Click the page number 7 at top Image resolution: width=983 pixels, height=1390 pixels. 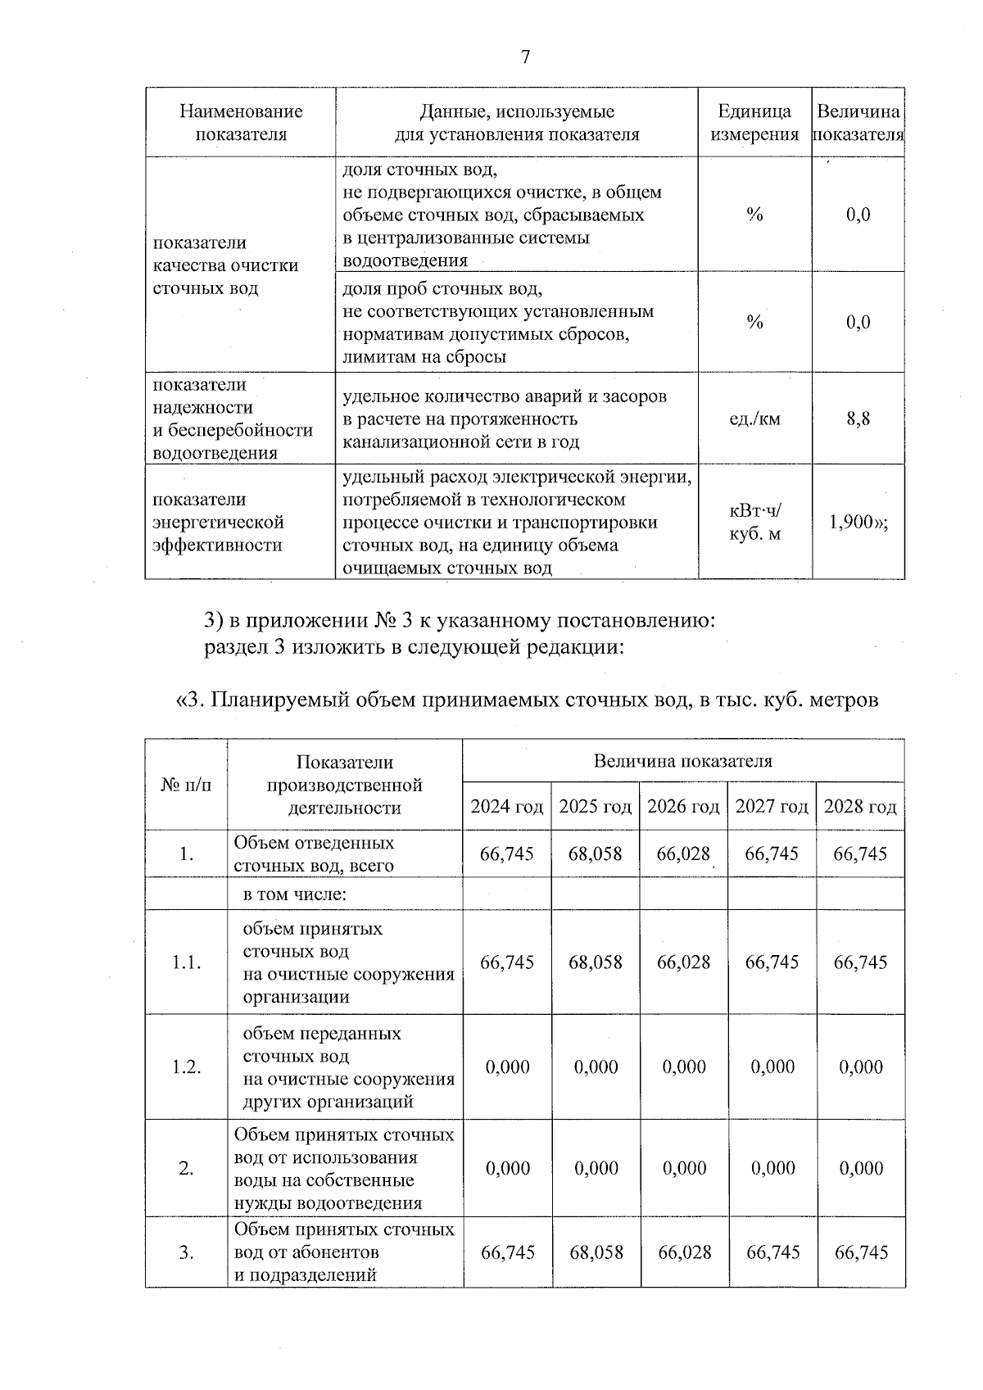525,57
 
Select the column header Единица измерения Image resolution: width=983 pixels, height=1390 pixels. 754,123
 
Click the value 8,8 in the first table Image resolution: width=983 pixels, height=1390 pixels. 858,419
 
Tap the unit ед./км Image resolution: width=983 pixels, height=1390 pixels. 754,419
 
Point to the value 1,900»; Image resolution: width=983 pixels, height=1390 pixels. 858,522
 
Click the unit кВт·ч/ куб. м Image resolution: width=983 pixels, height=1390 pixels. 754,523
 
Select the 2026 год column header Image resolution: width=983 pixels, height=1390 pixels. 683,806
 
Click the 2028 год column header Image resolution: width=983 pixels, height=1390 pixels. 860,806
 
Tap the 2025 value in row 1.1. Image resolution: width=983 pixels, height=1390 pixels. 596,962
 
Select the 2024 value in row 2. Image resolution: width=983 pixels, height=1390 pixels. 507,1168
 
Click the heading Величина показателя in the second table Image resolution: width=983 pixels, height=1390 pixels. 682,761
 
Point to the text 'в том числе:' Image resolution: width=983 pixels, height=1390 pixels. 295,894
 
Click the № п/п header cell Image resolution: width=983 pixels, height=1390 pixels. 186,784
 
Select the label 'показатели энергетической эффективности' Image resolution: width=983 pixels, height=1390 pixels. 218,522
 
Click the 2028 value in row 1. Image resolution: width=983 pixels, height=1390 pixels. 860,853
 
